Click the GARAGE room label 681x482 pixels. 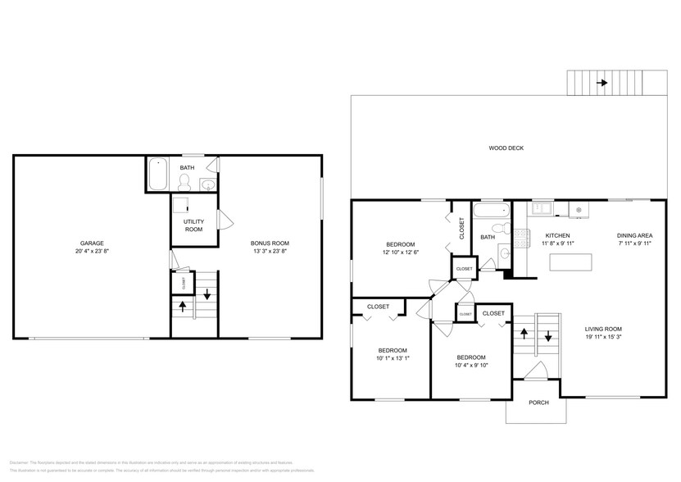(92, 243)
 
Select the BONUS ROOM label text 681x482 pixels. (270, 243)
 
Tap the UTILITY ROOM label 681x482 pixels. (193, 225)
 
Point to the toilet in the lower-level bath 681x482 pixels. (185, 180)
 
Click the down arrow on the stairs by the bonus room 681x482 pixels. (207, 294)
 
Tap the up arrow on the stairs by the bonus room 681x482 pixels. (182, 307)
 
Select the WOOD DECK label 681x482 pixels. (506, 148)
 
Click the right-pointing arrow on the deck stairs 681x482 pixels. (603, 83)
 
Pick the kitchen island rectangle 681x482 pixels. (570, 262)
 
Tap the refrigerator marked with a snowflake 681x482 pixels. (579, 210)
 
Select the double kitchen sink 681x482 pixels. (542, 208)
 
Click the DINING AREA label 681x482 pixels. (633, 235)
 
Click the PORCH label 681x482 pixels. (538, 402)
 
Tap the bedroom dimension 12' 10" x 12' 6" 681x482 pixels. (401, 252)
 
